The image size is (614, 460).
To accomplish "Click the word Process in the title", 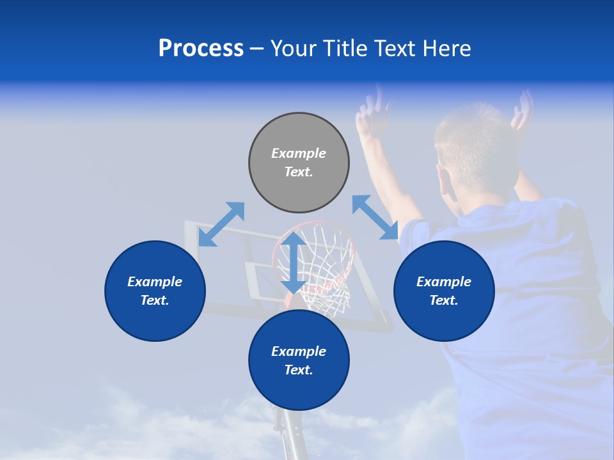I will point(201,49).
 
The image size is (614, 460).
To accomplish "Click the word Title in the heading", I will point(342,49).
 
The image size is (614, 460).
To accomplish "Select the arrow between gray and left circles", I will point(221,224).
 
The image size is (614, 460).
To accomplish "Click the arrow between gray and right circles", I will point(375,217).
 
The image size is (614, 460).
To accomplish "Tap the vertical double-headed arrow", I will point(294,262).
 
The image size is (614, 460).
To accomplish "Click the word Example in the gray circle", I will point(299,153).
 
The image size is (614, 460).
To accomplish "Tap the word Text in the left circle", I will point(155,300).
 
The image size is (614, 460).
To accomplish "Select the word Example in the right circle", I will point(444,282).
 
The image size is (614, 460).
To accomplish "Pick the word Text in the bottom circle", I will point(299,370).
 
